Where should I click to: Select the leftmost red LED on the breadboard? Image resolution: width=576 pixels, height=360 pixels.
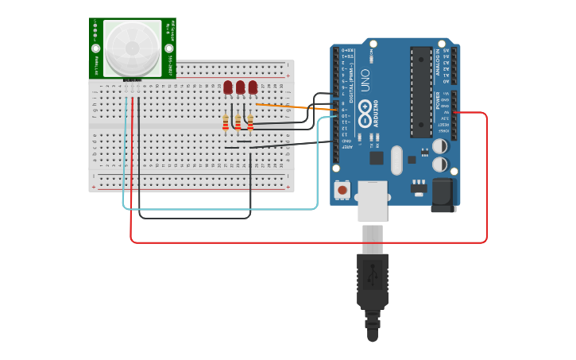coord(228,87)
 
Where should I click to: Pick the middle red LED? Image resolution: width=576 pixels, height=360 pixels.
coord(240,87)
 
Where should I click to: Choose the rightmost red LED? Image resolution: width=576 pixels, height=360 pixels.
coord(253,87)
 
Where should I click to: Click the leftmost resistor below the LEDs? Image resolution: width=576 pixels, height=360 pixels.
coord(226,122)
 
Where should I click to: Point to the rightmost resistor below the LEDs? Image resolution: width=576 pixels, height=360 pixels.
coord(250,122)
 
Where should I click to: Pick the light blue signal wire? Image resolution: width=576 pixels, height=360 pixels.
coord(222,209)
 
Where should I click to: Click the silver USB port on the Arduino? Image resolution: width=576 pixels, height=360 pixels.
coord(372,200)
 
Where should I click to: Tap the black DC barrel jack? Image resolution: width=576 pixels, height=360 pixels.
coord(443,195)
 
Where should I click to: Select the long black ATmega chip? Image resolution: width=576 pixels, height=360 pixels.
coord(421,91)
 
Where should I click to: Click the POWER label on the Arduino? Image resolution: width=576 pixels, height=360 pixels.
coord(438,101)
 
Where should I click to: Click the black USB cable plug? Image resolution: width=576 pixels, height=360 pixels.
coord(373,278)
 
